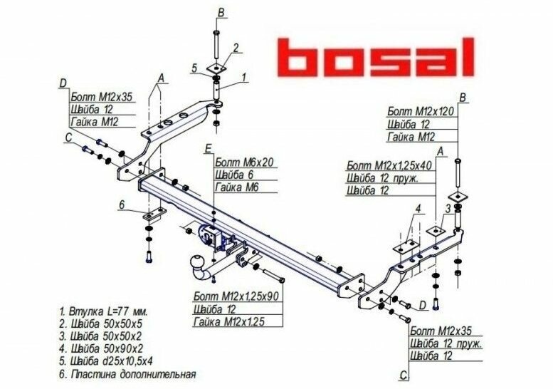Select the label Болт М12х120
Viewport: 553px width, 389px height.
pyautogui.click(x=420, y=111)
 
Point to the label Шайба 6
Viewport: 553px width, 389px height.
pyautogui.click(x=233, y=175)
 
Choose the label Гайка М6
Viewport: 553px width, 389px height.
pyautogui.click(x=235, y=187)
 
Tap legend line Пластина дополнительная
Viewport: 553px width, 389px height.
pyautogui.click(x=127, y=373)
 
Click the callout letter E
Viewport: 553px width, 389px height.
pyautogui.click(x=207, y=148)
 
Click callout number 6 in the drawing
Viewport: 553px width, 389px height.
pyautogui.click(x=122, y=205)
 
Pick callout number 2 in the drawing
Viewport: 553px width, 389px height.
pyautogui.click(x=236, y=48)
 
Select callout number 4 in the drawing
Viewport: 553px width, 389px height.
pyautogui.click(x=419, y=209)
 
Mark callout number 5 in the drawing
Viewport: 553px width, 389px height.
pyautogui.click(x=194, y=68)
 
